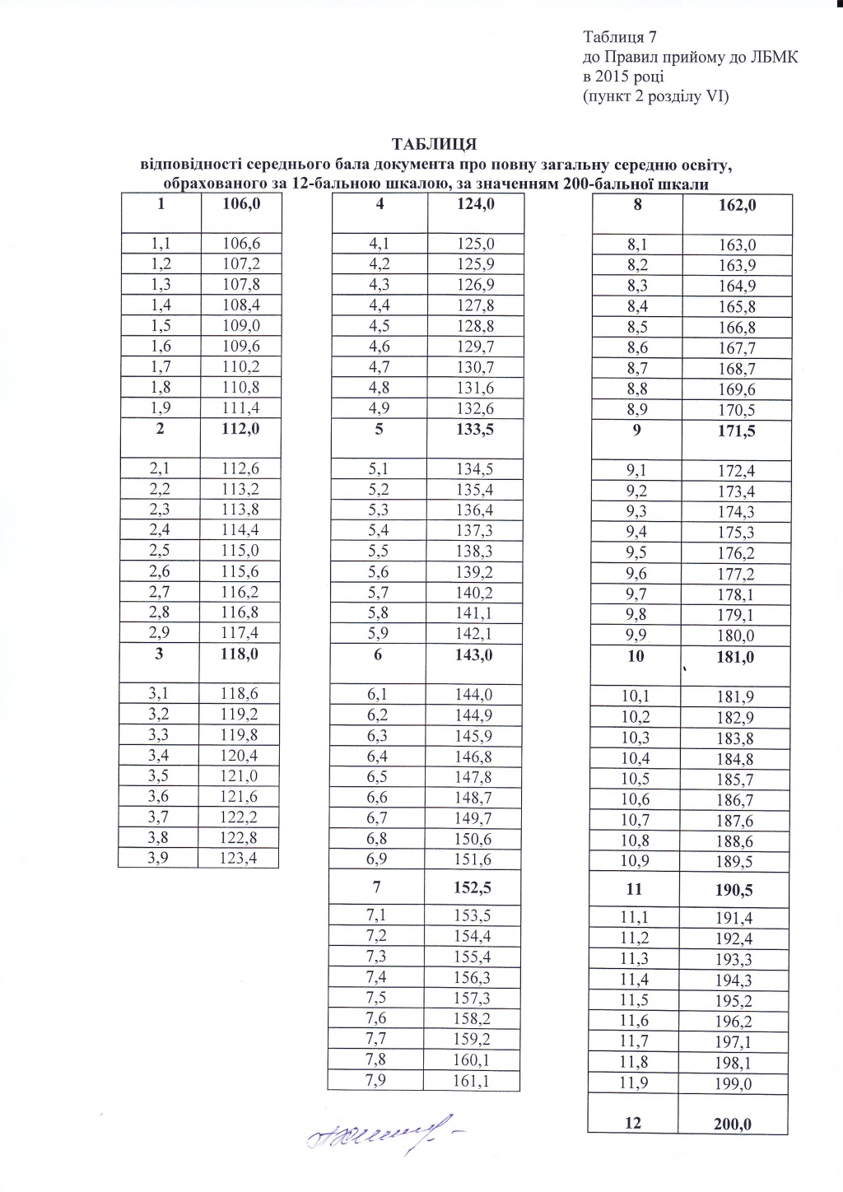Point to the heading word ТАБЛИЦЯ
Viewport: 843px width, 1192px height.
(435, 145)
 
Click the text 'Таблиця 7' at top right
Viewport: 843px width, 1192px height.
(618, 38)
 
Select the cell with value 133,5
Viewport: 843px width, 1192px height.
(475, 429)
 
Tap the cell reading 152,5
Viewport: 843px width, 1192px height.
(475, 888)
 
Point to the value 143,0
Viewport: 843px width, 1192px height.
(475, 654)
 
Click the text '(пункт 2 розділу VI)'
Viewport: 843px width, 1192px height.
(656, 97)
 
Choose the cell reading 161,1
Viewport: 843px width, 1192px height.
(475, 1081)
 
